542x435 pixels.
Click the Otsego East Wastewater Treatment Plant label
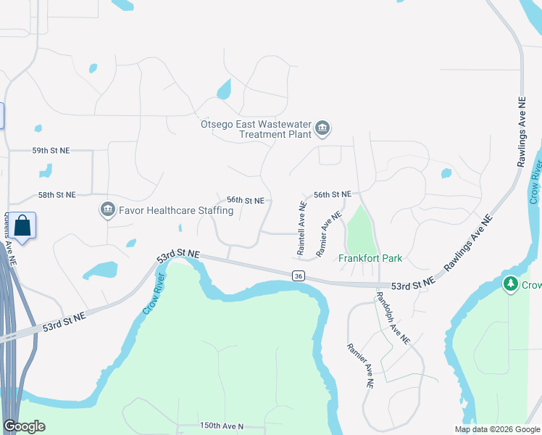click(x=257, y=129)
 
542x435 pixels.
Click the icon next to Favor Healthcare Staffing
click(x=107, y=210)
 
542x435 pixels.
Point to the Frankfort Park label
click(x=370, y=258)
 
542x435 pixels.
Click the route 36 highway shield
click(x=298, y=275)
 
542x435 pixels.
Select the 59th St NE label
click(x=51, y=150)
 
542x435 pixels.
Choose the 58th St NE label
click(x=57, y=195)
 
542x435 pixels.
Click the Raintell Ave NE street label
click(x=301, y=228)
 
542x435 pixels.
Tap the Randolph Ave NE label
click(x=393, y=318)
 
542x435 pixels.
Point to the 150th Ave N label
click(x=221, y=426)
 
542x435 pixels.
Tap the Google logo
click(x=25, y=426)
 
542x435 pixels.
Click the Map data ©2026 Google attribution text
click(x=496, y=429)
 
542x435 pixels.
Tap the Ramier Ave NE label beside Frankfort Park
click(x=329, y=233)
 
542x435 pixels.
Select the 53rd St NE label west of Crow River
click(x=64, y=322)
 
